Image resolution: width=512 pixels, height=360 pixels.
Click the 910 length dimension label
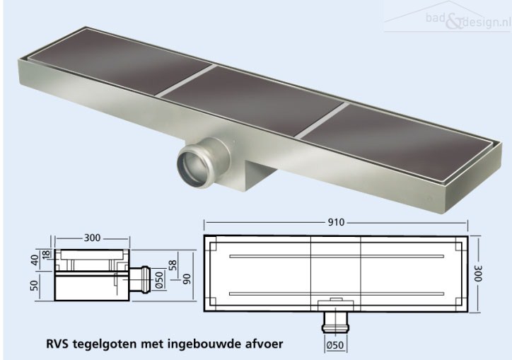336,223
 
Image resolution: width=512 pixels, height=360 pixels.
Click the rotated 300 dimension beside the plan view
478,273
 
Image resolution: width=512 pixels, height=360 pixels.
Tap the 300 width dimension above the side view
93,238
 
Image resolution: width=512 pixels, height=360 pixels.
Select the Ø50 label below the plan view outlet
335,345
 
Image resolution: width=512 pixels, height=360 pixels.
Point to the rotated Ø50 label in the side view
160,280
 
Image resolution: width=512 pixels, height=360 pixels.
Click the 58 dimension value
173,265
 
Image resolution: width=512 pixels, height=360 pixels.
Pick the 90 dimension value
187,279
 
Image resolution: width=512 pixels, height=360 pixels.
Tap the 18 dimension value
47,253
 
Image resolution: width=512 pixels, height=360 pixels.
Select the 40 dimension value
35,260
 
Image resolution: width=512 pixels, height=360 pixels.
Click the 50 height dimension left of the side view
35,285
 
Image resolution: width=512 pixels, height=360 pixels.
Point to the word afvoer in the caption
263,344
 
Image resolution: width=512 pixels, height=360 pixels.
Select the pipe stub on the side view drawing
140,279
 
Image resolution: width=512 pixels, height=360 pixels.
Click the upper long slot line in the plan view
337,257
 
